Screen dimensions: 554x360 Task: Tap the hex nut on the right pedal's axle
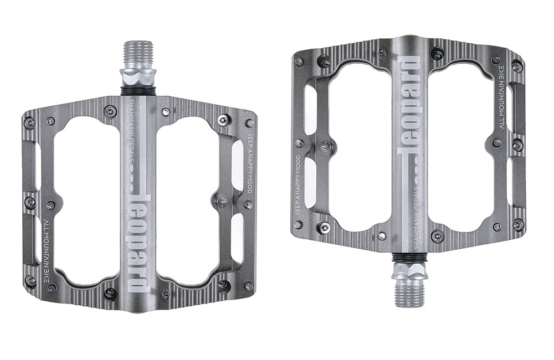point(410,271)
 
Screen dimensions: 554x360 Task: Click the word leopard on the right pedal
point(409,105)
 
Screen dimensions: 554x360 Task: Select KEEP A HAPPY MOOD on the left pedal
point(248,163)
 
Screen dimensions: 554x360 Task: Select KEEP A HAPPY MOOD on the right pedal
point(297,185)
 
